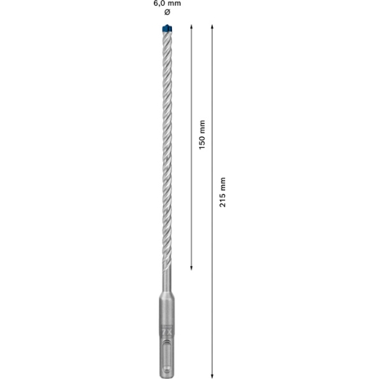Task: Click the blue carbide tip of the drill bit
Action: (167, 28)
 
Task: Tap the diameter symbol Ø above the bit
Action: (167, 12)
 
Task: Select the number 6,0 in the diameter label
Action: (159, 3)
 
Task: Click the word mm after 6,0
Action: (173, 3)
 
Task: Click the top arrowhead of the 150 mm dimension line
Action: (191, 27)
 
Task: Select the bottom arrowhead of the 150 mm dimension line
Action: (191, 267)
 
